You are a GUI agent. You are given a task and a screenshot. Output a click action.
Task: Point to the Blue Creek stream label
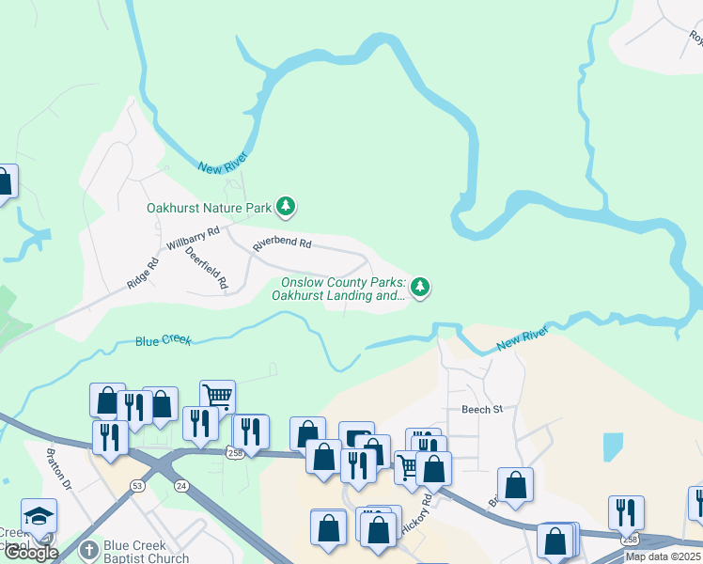pyautogui.click(x=163, y=340)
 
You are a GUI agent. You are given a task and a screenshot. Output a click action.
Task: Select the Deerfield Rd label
pyautogui.click(x=207, y=268)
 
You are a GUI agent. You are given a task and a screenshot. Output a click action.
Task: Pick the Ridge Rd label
pyautogui.click(x=143, y=273)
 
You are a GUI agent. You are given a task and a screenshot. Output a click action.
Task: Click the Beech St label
pyautogui.click(x=482, y=409)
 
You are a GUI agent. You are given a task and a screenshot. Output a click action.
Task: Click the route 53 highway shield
pyautogui.click(x=138, y=486)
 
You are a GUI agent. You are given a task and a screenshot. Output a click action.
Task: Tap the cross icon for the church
pyautogui.click(x=88, y=551)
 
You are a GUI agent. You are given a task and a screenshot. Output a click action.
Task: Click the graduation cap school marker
pyautogui.click(x=39, y=516)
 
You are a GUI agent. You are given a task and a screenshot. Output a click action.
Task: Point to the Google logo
pyautogui.click(x=30, y=553)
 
